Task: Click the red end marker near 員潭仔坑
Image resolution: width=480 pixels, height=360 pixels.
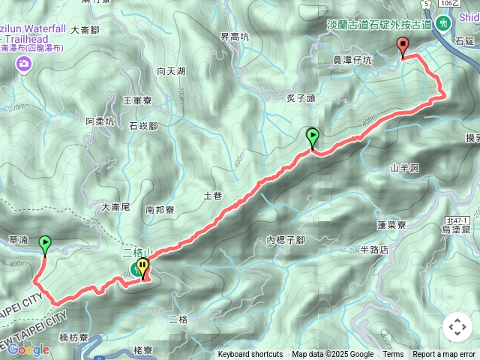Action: coord(403,47)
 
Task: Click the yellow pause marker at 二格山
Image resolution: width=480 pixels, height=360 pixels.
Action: coord(142,268)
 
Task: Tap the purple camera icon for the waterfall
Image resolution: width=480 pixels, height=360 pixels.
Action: coord(24,64)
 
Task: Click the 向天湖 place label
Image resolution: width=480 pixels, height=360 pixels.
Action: coord(171,71)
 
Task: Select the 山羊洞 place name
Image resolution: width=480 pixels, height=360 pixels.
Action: coord(404,168)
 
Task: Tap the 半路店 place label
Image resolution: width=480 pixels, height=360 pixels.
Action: coord(375,250)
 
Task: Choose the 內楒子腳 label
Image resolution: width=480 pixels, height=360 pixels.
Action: coord(286,240)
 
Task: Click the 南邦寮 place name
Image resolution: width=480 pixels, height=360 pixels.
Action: coord(160,211)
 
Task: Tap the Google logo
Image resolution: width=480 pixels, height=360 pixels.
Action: coord(28,349)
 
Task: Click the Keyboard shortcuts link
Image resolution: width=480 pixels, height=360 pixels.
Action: coord(250,355)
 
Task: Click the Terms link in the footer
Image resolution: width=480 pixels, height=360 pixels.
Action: coord(393,355)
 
